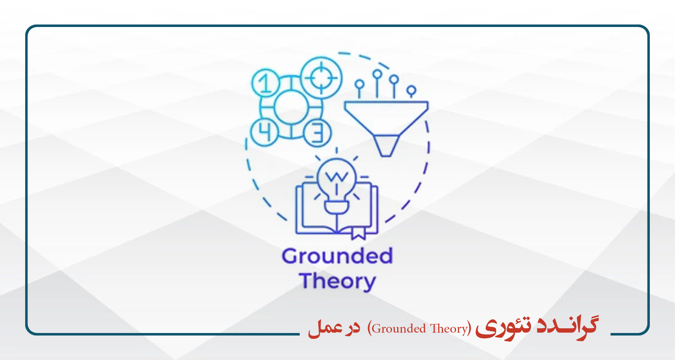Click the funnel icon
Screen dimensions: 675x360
(386, 129)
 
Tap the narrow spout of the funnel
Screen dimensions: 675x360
(386, 146)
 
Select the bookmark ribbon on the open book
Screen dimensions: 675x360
(358, 233)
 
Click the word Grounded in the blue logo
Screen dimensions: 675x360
(337, 256)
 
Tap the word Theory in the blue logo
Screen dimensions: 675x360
(337, 282)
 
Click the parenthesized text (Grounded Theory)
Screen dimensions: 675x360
(419, 328)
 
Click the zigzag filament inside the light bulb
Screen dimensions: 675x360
(336, 176)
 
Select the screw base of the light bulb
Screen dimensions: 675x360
(336, 207)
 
